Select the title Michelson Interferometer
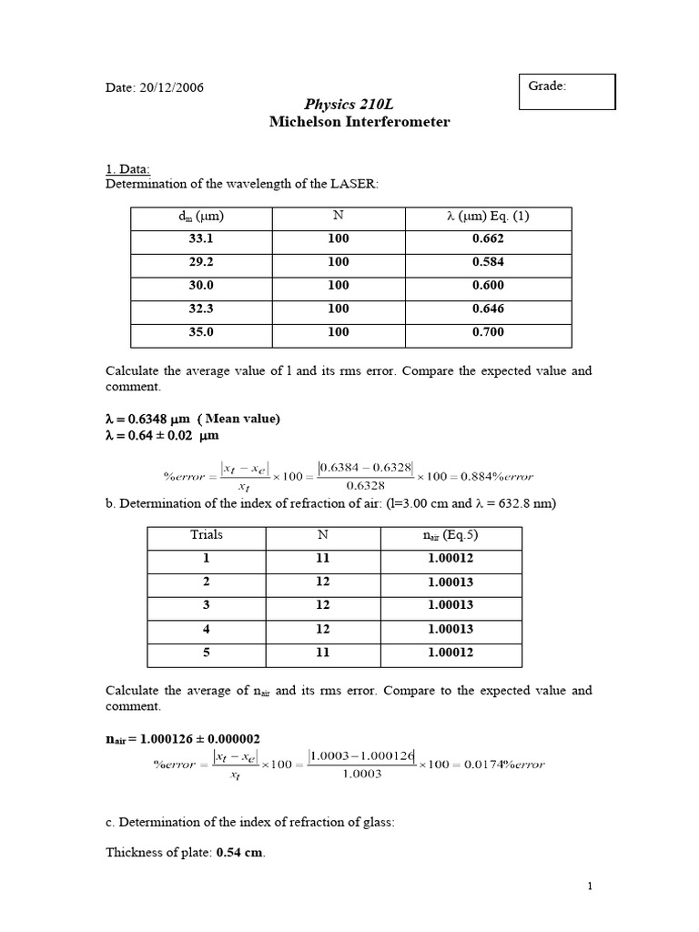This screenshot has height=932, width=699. point(360,122)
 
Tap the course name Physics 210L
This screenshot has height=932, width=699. point(360,105)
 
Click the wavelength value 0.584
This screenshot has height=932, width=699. point(488,262)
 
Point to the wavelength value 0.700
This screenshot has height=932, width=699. point(488,333)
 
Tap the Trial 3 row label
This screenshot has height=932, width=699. point(207,606)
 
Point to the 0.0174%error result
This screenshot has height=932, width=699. point(505,765)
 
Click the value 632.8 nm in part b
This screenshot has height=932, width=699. point(527,503)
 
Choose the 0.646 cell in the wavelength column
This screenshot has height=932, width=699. point(488,309)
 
